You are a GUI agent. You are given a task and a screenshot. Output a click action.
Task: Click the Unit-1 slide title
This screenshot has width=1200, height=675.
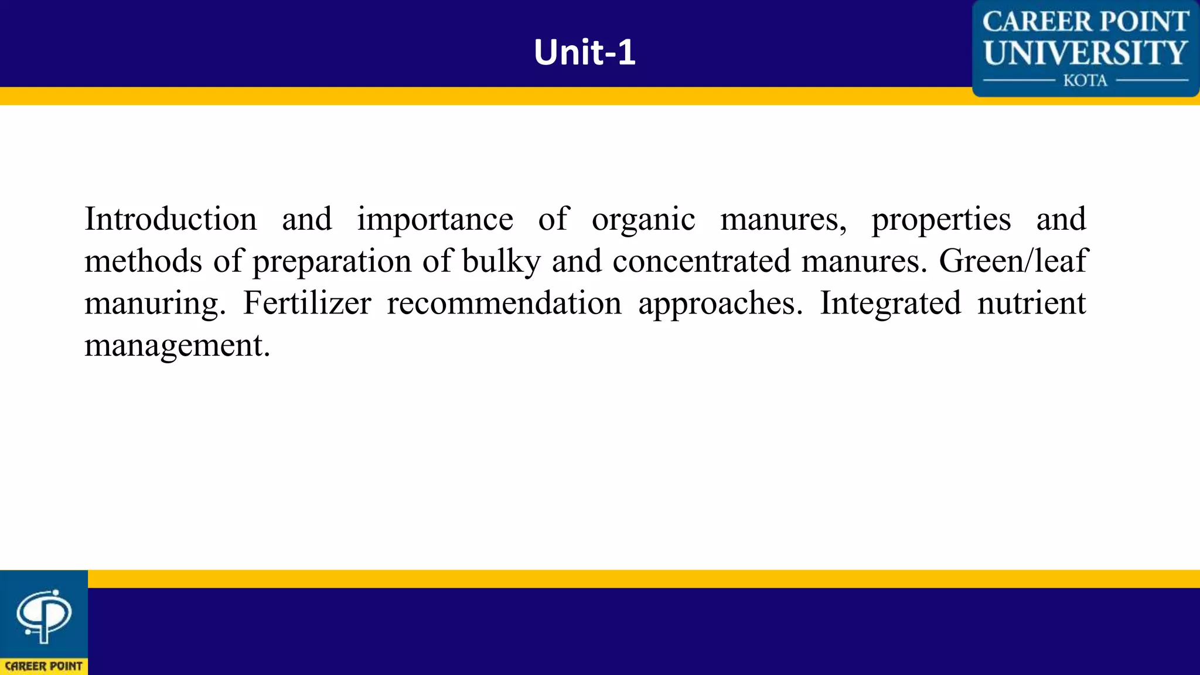[x=584, y=52]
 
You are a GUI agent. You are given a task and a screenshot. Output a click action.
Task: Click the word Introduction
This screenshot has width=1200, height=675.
[x=171, y=220]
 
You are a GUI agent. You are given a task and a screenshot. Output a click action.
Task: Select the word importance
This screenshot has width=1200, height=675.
[x=435, y=220]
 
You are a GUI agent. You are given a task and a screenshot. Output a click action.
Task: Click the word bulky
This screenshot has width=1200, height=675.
[x=501, y=261]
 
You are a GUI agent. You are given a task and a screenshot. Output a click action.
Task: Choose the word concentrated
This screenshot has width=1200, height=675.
[x=701, y=261]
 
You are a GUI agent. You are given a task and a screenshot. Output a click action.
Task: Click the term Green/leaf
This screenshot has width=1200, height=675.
[x=1013, y=261]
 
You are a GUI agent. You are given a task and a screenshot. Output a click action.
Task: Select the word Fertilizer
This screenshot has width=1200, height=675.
[x=307, y=304]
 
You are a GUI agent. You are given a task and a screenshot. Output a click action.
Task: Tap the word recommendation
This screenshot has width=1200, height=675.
[x=504, y=304]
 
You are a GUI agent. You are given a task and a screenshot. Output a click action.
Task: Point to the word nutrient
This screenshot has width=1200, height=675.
[x=1031, y=304]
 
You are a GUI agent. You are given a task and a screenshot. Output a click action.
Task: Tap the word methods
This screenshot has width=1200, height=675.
[x=143, y=261]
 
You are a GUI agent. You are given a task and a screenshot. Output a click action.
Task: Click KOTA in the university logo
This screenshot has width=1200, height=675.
[x=1085, y=81]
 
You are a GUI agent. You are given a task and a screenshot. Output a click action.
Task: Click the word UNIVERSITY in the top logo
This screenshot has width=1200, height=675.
[x=1085, y=53]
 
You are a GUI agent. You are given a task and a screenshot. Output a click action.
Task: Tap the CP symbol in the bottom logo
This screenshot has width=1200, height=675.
[x=43, y=615]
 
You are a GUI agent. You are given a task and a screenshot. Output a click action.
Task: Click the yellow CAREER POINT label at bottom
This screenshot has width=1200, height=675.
[x=43, y=666]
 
